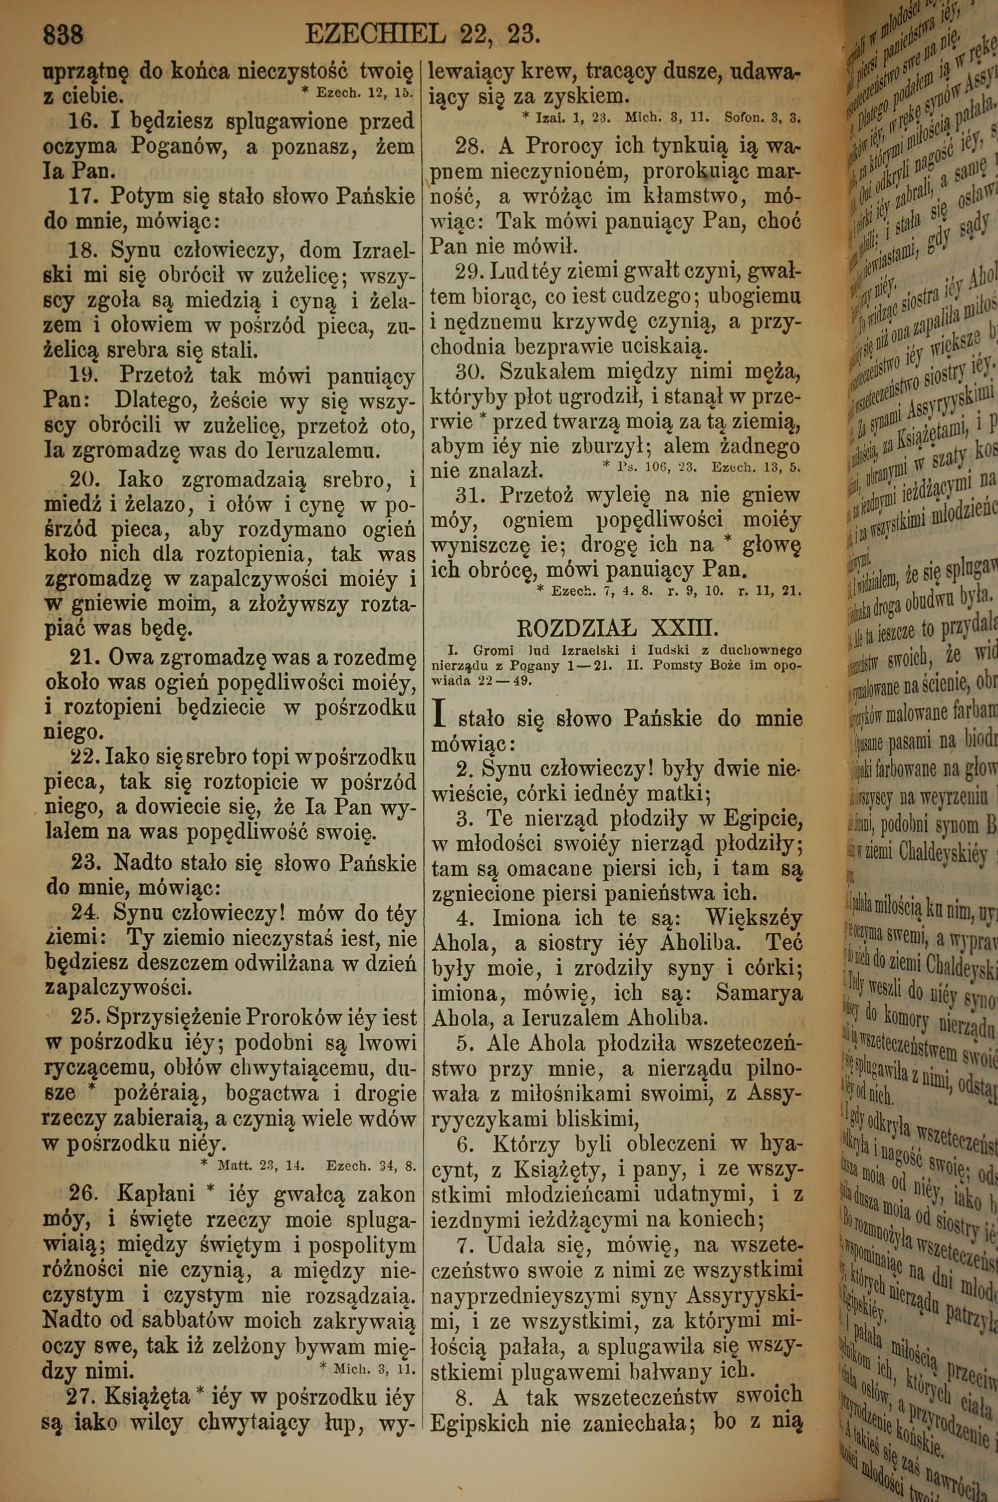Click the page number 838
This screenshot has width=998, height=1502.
(x=62, y=34)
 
